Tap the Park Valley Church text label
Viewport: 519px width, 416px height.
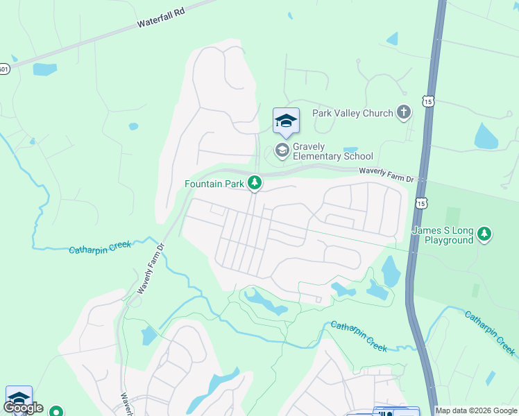(352, 113)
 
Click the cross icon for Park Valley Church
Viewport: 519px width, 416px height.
(404, 113)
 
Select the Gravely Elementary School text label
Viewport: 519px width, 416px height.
(333, 151)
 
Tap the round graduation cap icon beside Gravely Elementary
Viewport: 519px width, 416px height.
(282, 150)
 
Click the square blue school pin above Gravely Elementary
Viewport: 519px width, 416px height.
(286, 122)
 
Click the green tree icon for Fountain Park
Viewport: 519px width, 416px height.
(255, 182)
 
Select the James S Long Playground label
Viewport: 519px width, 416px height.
(442, 235)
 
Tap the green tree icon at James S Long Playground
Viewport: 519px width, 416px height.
(485, 234)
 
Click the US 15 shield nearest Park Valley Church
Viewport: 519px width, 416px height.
(428, 101)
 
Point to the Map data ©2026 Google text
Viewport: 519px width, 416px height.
(476, 410)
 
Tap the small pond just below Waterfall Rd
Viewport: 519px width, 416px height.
(44, 69)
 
